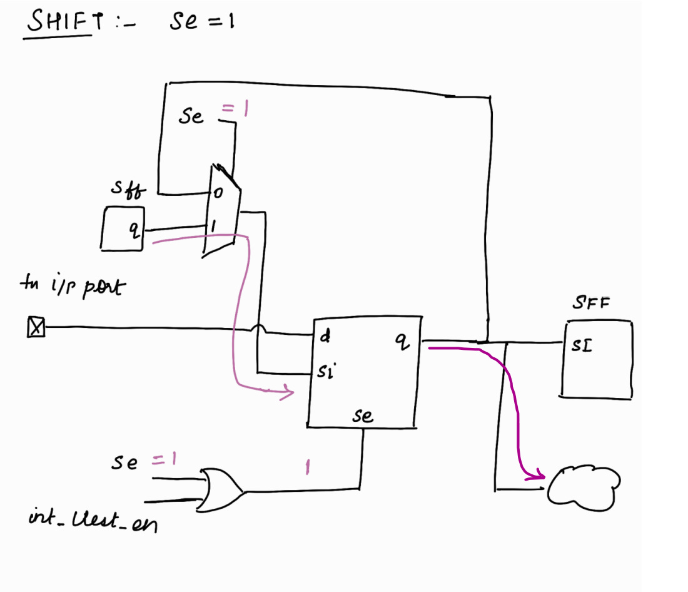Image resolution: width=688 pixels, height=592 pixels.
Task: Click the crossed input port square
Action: [x=36, y=327]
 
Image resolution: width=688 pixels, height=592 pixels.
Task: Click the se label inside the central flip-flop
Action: [x=362, y=416]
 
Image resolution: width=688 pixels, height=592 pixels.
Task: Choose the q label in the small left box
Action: [x=133, y=230]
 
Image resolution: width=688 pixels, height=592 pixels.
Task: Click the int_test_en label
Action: [x=93, y=521]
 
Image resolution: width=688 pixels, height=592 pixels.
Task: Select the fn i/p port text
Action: [x=73, y=287]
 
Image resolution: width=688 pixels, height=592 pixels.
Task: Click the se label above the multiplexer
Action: [x=191, y=116]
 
